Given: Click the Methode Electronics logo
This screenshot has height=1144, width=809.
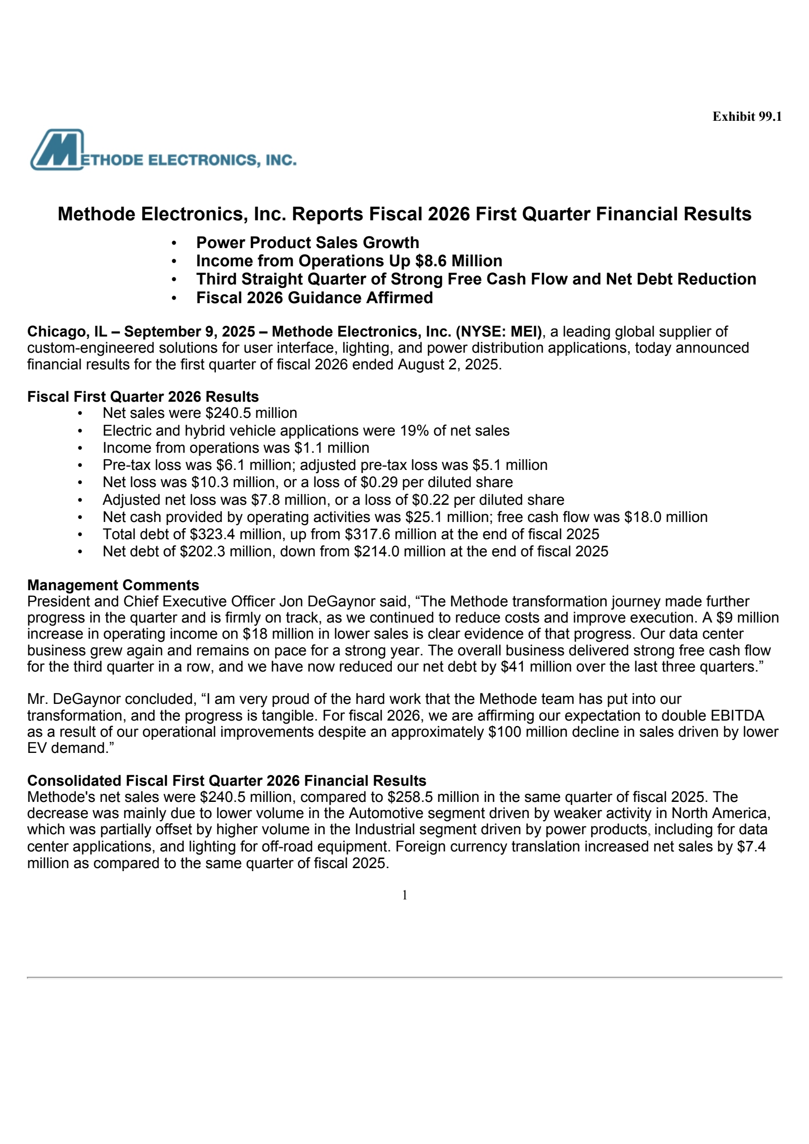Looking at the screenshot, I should (163, 150).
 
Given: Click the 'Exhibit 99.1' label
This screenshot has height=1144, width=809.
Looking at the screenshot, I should (747, 117).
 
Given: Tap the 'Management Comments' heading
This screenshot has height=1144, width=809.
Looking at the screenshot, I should (113, 585).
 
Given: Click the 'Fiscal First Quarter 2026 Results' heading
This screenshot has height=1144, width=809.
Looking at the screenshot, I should (143, 397).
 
